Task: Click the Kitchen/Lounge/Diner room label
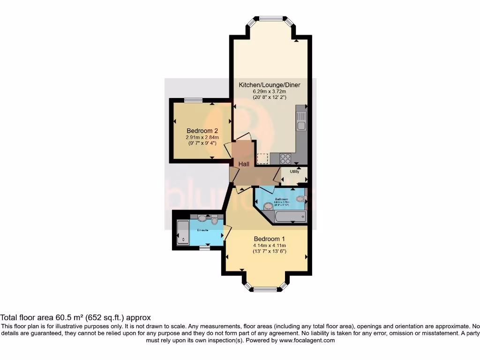[x=270, y=85]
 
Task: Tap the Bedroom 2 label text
[x=202, y=131]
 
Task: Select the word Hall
[x=244, y=164]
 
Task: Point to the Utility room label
[x=294, y=172]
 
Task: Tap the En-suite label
[x=202, y=230]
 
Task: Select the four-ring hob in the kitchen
[x=285, y=159]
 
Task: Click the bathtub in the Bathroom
[x=290, y=216]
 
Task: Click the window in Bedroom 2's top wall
[x=193, y=100]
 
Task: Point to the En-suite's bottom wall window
[x=204, y=248]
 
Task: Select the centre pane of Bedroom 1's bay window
[x=266, y=289]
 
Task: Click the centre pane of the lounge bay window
[x=272, y=19]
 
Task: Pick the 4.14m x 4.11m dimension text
[x=270, y=245]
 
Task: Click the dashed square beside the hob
[x=263, y=158]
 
